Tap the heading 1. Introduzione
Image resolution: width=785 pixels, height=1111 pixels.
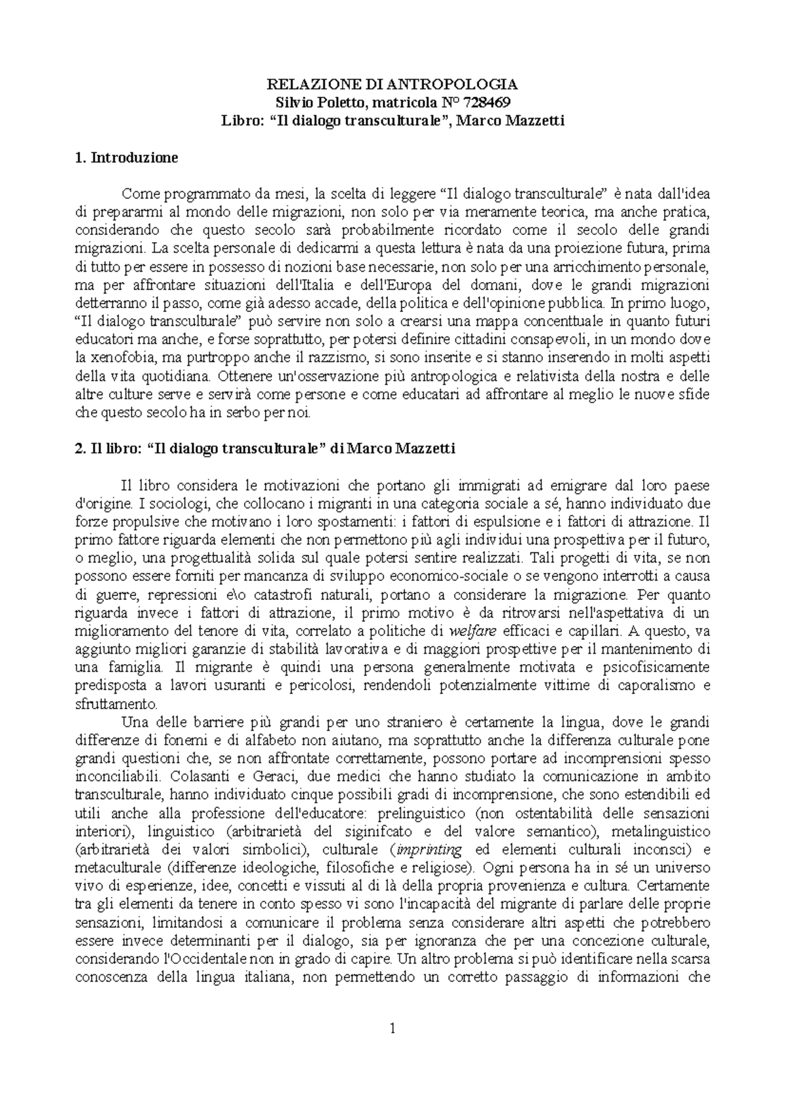point(126,158)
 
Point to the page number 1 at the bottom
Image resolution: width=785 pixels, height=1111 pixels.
point(392,1029)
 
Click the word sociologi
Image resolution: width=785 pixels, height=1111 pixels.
point(149,504)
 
